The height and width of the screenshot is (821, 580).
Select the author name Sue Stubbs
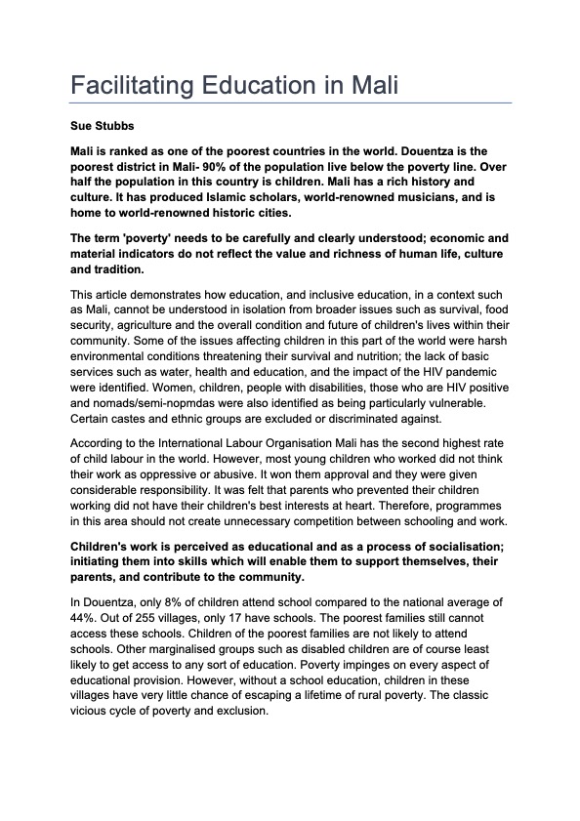101,127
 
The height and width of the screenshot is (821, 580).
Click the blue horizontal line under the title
290,102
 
